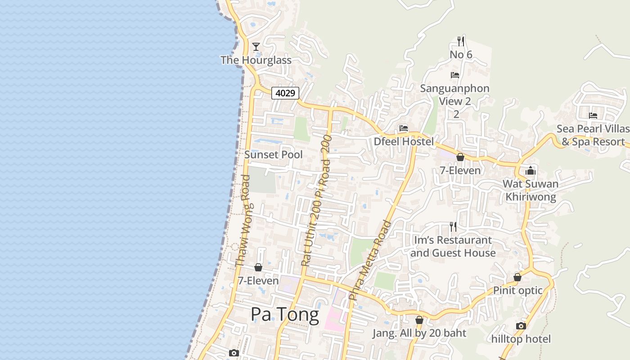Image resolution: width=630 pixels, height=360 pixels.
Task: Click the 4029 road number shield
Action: (285, 93)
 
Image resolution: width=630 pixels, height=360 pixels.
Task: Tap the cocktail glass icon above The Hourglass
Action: (256, 46)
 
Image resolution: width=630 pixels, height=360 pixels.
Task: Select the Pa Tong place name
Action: (285, 314)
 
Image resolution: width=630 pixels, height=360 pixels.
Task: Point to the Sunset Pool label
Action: (273, 154)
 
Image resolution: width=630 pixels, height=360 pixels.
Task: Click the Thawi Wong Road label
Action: (243, 220)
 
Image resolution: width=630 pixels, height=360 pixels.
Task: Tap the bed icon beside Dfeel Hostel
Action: (403, 128)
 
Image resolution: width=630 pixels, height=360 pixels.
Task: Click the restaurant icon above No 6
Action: (460, 41)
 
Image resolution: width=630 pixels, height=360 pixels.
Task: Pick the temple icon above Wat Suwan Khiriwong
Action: (531, 171)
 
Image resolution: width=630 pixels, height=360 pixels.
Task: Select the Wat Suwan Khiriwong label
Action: (531, 190)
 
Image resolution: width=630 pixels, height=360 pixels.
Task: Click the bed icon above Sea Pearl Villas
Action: (593, 116)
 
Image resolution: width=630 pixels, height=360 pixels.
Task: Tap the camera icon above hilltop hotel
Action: (521, 326)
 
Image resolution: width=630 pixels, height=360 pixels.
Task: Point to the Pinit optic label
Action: (518, 290)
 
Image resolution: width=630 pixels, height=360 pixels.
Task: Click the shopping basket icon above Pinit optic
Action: (517, 277)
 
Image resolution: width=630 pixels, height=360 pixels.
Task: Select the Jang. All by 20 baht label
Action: (419, 333)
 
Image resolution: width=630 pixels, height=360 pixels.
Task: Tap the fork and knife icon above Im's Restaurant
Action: (453, 227)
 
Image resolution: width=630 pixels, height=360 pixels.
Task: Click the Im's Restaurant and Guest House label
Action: (453, 247)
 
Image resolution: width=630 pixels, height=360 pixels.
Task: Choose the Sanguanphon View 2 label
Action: (454, 94)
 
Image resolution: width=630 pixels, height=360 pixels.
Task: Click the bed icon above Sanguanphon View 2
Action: (455, 75)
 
